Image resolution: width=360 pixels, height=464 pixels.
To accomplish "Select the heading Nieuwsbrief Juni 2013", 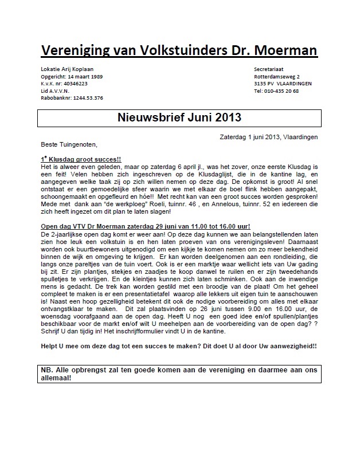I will (x=179, y=119).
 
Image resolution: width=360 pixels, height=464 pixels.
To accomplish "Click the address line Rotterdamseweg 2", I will (x=277, y=76).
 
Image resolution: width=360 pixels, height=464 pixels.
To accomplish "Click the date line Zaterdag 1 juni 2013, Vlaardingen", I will (x=268, y=137).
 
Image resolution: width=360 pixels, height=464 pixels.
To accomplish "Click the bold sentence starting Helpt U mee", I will (x=179, y=346).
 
